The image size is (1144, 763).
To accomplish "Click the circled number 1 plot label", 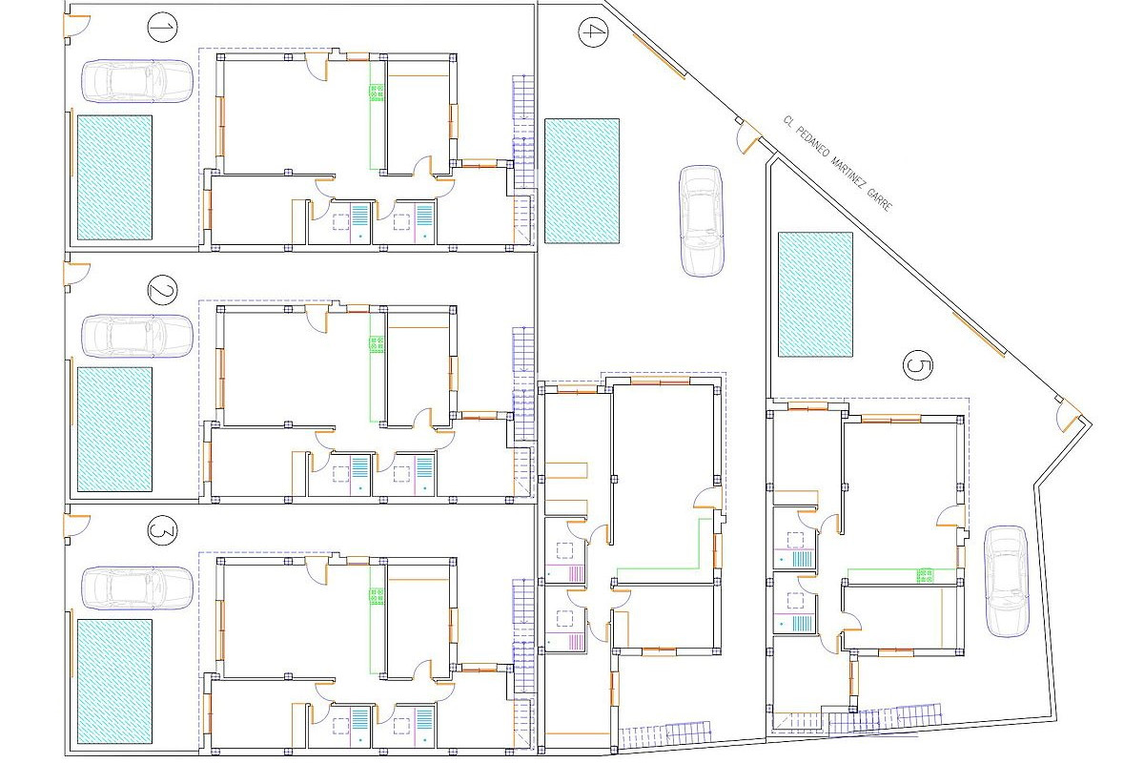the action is (x=162, y=28).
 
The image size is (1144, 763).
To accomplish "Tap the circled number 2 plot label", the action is (x=162, y=290).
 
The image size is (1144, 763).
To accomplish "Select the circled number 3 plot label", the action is (x=162, y=531).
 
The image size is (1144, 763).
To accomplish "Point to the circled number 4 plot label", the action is (x=593, y=32).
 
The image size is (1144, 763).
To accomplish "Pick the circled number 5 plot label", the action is (x=918, y=365).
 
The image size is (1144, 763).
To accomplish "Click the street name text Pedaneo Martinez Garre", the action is (x=837, y=163).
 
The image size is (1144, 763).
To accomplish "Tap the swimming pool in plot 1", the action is (x=114, y=177).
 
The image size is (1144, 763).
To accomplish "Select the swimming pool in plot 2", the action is (x=114, y=429).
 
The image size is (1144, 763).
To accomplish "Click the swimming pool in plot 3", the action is (x=114, y=682).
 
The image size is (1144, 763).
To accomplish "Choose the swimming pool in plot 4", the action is (x=582, y=181).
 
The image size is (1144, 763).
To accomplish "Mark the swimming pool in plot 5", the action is (x=815, y=295).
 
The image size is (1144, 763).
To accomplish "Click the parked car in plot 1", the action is (x=137, y=81).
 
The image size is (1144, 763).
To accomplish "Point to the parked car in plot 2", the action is (x=137, y=336).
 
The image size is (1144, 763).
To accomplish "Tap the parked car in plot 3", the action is (x=137, y=588).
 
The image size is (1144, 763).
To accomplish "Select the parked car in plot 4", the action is (x=702, y=220).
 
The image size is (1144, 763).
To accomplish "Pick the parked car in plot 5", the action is (x=1006, y=582).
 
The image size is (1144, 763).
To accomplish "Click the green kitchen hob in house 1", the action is (x=377, y=93).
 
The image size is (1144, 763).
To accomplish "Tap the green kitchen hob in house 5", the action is (x=925, y=575).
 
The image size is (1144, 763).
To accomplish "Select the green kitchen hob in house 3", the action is (x=377, y=595).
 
